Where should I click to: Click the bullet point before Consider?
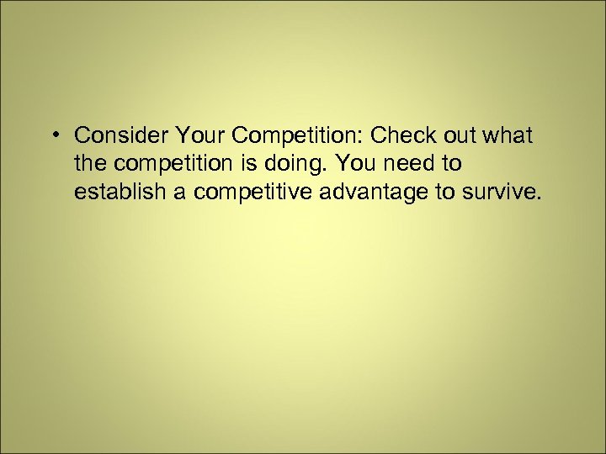click(55, 135)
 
